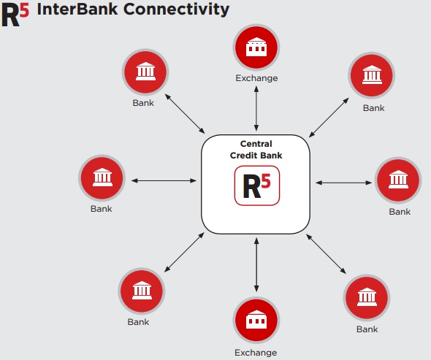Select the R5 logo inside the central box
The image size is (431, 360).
coord(256,185)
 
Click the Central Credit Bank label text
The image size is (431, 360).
coord(256,149)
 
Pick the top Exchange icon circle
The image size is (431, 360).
coord(256,47)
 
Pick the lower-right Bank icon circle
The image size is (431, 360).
coord(367,298)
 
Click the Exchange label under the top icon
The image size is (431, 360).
coord(256,78)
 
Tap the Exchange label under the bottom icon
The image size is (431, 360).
coord(256,353)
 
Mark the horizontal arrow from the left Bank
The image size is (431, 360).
coord(164,180)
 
